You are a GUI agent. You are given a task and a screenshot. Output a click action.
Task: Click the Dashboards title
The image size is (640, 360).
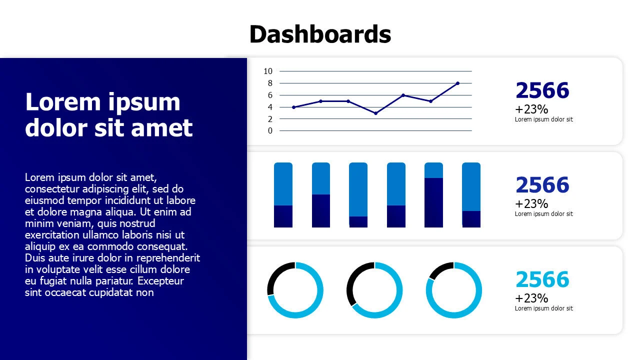tap(320, 34)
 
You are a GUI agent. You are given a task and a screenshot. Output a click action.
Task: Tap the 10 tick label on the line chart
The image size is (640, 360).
tap(268, 71)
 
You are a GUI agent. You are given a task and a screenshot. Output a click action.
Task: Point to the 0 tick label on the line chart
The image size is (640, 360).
tap(270, 131)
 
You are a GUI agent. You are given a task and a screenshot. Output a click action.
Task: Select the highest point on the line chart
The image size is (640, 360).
tap(457, 83)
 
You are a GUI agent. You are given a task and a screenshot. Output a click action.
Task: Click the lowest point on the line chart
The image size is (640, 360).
tap(375, 113)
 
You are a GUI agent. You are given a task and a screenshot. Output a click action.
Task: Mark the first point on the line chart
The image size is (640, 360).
tap(293, 107)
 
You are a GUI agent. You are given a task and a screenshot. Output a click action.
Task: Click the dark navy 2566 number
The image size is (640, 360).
tap(542, 90)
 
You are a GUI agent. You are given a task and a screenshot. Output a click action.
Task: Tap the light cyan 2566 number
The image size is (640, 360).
tap(542, 279)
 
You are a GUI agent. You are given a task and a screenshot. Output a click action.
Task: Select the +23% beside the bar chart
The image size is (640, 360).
tap(531, 203)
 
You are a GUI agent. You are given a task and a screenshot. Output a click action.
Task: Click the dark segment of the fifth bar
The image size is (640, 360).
tap(433, 202)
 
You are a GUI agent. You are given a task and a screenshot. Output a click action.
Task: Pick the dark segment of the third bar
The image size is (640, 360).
tap(358, 222)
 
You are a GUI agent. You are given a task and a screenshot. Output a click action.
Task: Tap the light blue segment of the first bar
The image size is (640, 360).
tap(283, 184)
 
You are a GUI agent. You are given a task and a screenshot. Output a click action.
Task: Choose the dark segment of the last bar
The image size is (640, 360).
tap(471, 219)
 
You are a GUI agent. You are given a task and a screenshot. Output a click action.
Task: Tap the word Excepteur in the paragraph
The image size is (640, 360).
tap(160, 281)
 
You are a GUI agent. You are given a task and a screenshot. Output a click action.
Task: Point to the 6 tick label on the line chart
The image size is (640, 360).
tap(270, 95)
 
